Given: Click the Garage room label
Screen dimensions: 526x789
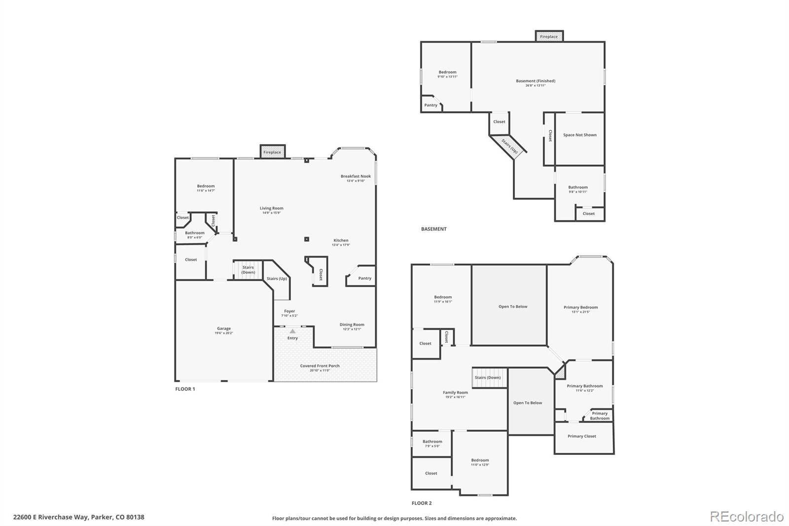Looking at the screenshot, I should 224,329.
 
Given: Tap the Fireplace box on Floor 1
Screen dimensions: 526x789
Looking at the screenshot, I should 272,152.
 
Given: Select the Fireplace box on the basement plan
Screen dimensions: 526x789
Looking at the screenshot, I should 549,37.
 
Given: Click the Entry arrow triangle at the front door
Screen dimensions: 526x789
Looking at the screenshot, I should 292,332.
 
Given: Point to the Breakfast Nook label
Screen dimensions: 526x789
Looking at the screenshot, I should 356,176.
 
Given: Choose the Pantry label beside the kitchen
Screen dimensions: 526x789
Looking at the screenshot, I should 365,278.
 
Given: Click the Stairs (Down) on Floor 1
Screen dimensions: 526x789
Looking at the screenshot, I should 248,270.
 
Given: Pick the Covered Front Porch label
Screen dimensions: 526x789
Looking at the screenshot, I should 320,366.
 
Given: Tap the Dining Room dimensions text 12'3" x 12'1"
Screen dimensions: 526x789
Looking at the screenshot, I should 352,329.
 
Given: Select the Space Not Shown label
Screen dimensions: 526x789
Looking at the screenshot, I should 580,135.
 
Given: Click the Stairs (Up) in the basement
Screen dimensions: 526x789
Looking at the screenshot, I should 510,147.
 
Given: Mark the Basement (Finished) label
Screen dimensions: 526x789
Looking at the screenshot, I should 536,81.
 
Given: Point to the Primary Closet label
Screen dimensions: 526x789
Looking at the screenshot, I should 582,436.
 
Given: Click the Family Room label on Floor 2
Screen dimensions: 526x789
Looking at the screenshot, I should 455,393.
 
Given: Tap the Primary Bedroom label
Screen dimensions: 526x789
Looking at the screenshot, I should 581,307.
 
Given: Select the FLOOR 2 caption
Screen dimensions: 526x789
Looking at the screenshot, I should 422,503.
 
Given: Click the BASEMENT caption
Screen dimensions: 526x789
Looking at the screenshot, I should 433,229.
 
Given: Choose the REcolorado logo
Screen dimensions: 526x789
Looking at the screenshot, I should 747,517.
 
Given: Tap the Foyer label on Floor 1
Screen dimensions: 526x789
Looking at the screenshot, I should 289,311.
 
